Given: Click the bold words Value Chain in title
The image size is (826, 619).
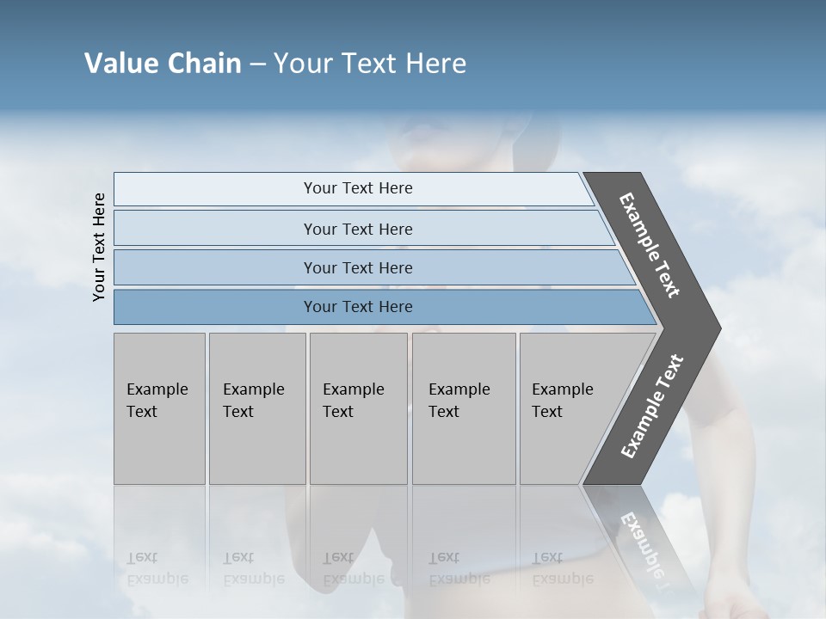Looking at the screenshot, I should [x=163, y=64].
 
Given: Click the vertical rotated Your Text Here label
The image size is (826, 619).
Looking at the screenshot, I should [x=99, y=247].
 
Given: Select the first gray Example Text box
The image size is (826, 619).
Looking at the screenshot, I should [x=159, y=408].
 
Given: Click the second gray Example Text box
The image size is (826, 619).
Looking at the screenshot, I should [x=256, y=408].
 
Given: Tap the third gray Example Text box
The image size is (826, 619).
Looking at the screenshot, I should [x=358, y=408].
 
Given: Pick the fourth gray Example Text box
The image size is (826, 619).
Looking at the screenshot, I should [x=463, y=408].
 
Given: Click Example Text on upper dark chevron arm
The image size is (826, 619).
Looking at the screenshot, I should [x=650, y=245].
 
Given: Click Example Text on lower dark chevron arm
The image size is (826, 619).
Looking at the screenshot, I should [x=652, y=406].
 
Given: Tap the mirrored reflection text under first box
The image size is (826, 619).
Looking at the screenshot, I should [x=157, y=568].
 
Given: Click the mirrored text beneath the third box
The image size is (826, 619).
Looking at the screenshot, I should [x=353, y=568].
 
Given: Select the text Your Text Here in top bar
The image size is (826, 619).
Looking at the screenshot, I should [x=358, y=188].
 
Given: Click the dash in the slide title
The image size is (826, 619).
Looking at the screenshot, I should [x=257, y=64].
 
